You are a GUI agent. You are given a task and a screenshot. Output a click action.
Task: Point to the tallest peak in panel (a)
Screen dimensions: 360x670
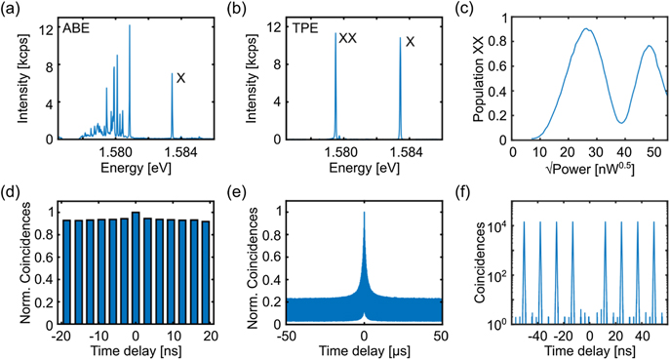click(x=130, y=27)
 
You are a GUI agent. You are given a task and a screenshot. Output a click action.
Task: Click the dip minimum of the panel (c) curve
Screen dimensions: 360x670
click(x=620, y=122)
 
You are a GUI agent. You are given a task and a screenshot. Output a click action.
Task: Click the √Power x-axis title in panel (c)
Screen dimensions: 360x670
click(x=588, y=168)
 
